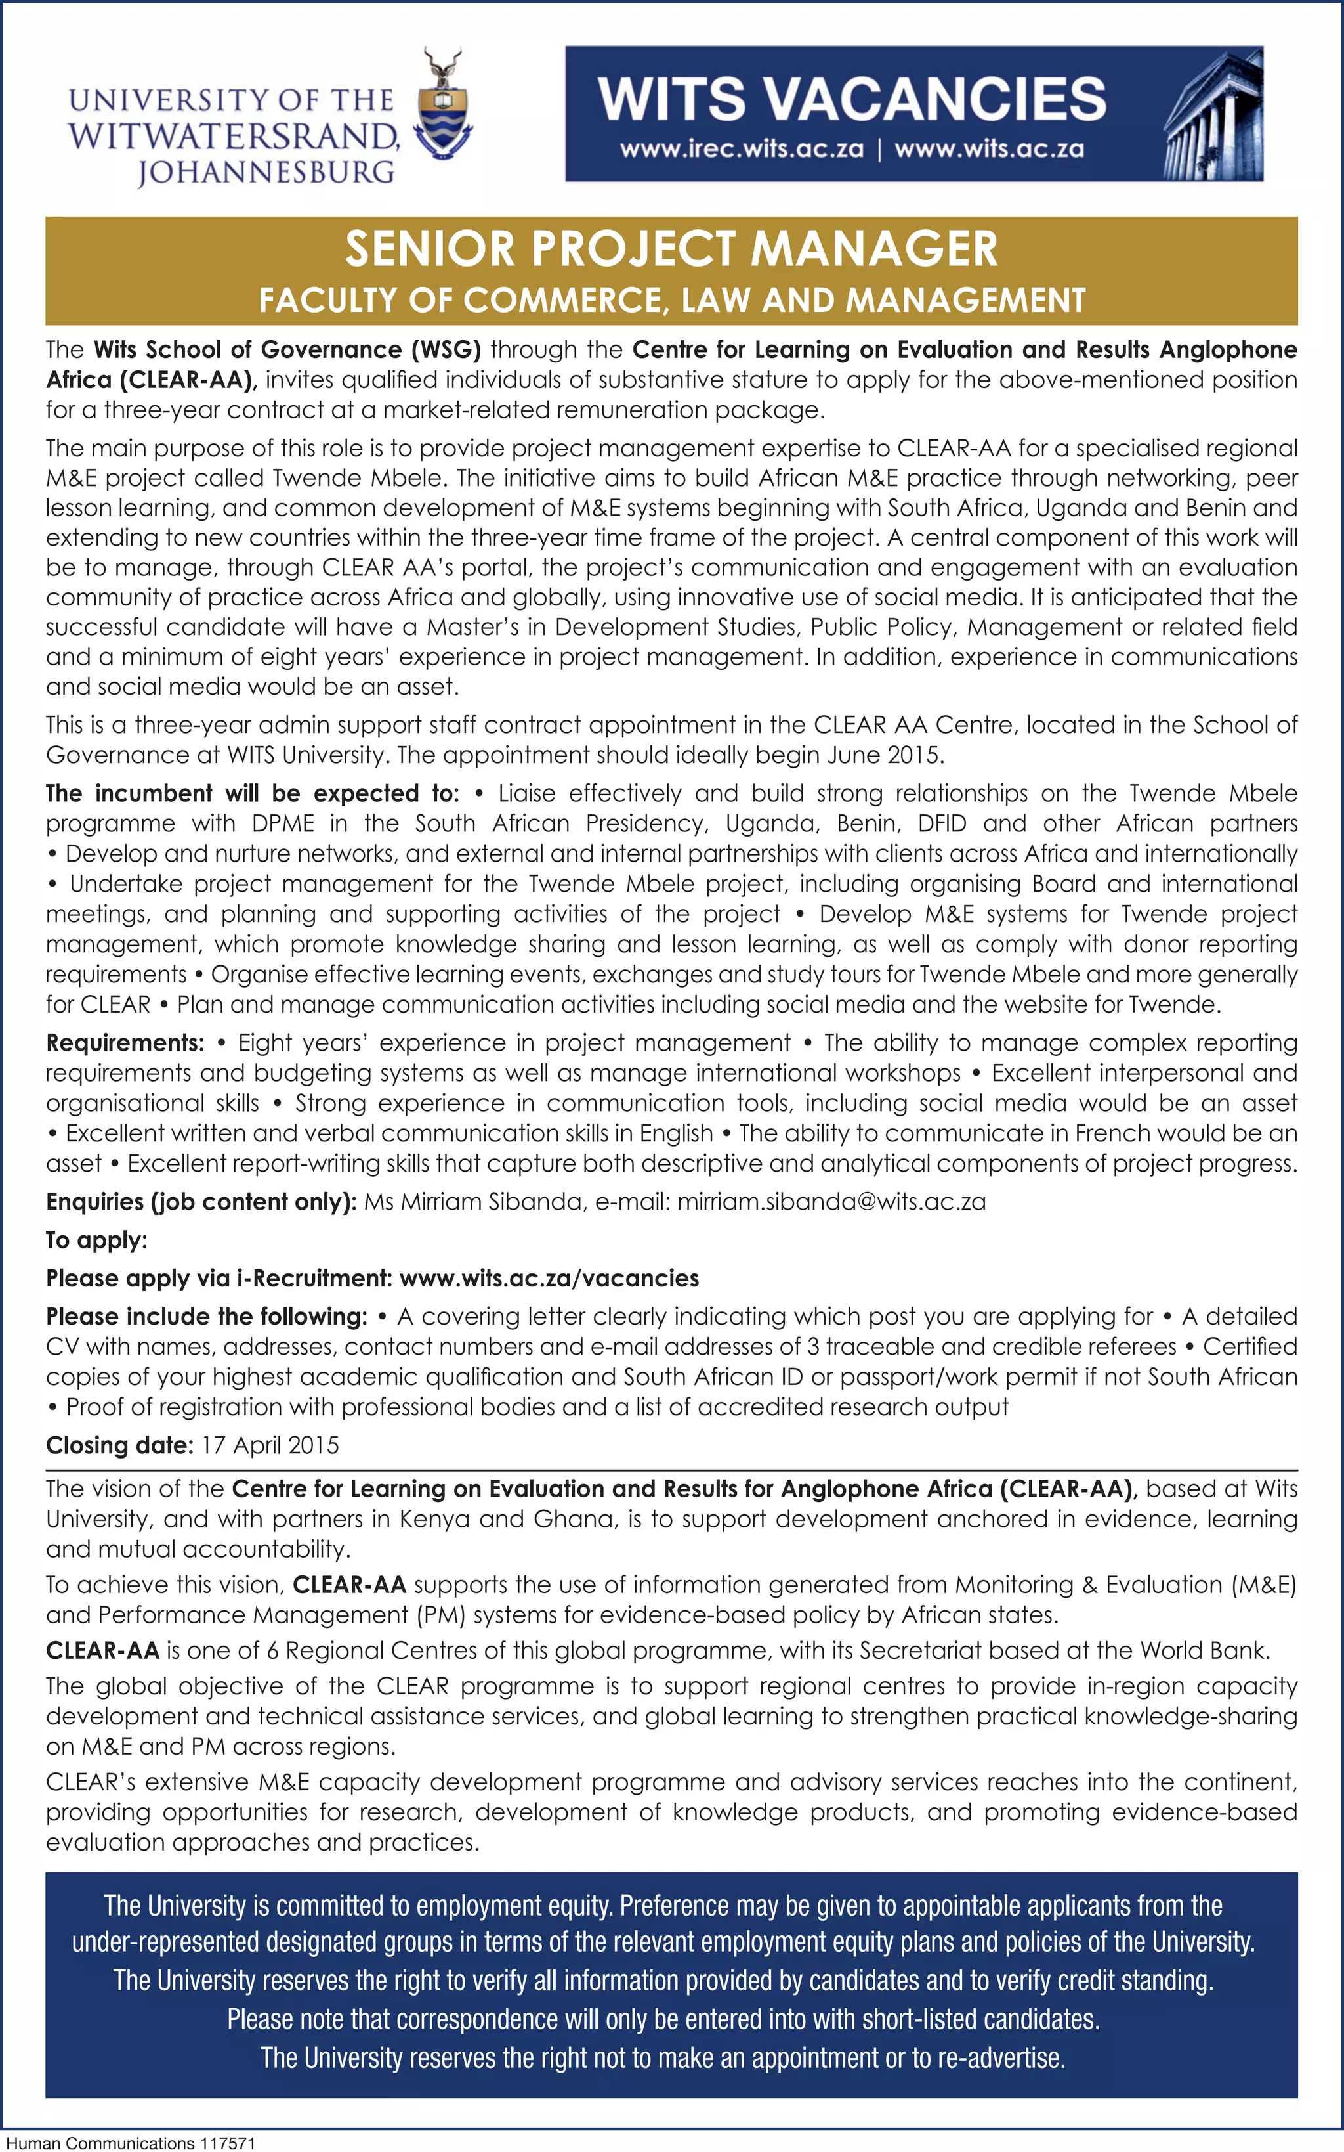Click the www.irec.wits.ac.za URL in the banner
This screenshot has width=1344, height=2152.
point(742,148)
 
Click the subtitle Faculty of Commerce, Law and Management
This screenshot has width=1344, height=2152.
point(671,301)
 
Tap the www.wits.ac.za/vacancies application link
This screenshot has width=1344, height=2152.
point(549,1279)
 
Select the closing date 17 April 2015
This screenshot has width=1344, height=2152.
point(269,1445)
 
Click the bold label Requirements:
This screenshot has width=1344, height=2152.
point(125,1043)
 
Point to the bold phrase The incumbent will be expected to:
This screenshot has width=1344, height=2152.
point(253,793)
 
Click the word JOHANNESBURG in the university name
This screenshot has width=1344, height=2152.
point(266,171)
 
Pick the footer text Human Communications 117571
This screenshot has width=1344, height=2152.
point(131,2143)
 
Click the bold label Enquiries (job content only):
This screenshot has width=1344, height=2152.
point(201,1202)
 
